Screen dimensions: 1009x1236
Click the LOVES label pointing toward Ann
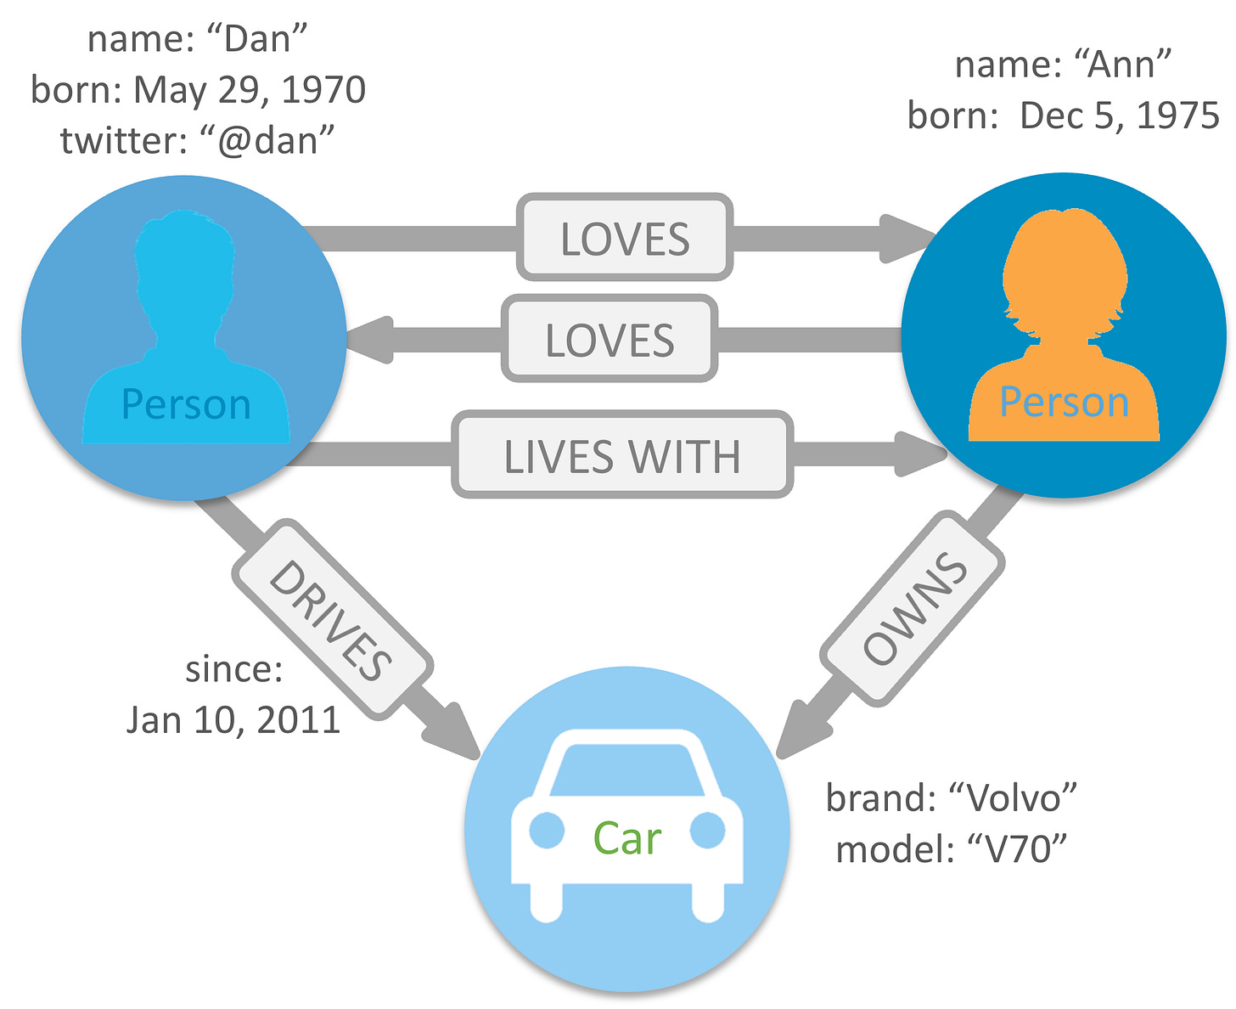pos(625,238)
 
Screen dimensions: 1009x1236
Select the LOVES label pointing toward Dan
pos(610,339)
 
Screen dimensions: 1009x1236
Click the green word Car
pos(626,838)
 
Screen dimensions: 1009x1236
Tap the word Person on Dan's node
pos(186,404)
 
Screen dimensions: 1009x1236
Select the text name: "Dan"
pos(197,39)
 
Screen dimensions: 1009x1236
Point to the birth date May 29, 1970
pos(250,90)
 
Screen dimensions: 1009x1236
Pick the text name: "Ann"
pos(1063,65)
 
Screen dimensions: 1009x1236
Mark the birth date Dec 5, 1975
pos(1119,116)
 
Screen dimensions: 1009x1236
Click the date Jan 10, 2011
pos(233,720)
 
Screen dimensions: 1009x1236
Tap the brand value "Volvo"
pos(1013,798)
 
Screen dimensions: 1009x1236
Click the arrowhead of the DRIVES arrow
pos(454,730)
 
